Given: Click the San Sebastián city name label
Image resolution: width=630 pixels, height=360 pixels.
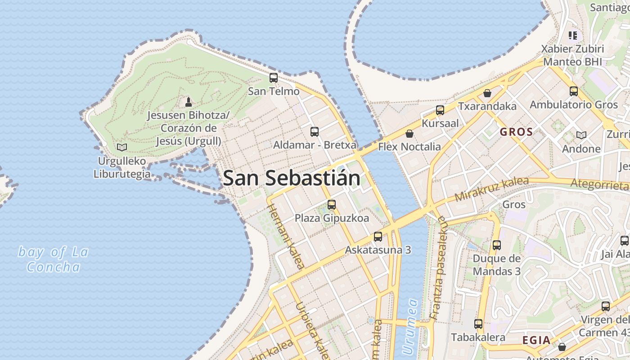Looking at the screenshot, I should click(x=292, y=178).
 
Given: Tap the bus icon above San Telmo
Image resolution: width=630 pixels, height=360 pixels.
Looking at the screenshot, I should click(x=274, y=77).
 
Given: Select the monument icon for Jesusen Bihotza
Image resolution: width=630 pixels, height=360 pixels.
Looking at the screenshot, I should click(x=189, y=102).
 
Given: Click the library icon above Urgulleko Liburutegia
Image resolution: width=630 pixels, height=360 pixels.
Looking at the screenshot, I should click(x=121, y=147).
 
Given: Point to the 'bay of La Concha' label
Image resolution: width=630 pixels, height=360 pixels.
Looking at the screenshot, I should click(x=53, y=259).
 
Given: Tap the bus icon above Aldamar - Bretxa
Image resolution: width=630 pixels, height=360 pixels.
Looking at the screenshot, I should click(x=315, y=132).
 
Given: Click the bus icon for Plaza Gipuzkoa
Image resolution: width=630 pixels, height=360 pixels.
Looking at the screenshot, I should click(x=332, y=205).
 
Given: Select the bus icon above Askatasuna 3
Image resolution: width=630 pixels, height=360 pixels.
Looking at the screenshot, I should click(x=378, y=237).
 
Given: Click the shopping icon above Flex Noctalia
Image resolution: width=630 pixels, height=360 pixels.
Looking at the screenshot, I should click(x=409, y=134).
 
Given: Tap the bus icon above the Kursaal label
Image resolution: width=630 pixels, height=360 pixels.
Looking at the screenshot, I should click(x=440, y=110).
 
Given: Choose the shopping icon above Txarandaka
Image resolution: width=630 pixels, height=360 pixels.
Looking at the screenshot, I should click(x=487, y=94).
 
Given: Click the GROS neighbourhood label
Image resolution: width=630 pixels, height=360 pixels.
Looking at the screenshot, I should click(x=516, y=132).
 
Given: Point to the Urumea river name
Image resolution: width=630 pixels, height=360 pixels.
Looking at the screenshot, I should click(x=410, y=326).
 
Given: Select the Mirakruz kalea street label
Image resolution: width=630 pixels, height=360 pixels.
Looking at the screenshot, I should click(x=491, y=189).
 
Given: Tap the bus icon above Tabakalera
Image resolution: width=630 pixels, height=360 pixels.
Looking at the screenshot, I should click(x=478, y=324).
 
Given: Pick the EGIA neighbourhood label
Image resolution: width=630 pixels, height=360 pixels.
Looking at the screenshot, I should click(x=536, y=340).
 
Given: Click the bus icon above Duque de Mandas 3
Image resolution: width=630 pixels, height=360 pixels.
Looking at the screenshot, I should click(x=497, y=245).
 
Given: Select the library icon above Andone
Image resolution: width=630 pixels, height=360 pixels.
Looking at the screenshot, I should click(x=581, y=135).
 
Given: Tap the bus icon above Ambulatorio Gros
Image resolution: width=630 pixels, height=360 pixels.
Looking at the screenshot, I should click(x=574, y=91).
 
